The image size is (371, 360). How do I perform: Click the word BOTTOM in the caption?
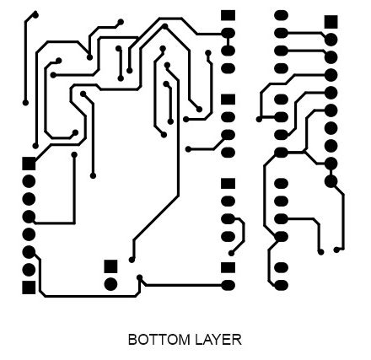click(159, 340)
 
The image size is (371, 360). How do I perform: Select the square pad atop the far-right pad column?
click(331, 22)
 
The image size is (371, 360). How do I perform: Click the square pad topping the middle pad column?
click(228, 15)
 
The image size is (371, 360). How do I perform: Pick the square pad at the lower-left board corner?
click(29, 287)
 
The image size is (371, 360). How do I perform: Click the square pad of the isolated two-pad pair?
click(110, 266)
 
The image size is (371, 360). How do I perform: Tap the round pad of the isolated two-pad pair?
click(110, 284)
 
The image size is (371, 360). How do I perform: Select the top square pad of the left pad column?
click(29, 164)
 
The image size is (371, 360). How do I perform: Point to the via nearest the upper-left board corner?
click(35, 14)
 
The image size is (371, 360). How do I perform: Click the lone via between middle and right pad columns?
click(259, 119)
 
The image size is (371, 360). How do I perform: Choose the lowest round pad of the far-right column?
click(331, 181)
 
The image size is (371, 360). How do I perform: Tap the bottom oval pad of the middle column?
click(228, 286)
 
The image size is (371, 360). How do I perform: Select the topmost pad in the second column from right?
click(281, 15)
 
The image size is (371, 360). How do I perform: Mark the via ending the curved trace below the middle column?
click(231, 253)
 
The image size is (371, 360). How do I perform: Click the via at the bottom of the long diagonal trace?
click(132, 260)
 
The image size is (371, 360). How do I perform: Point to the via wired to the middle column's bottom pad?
click(139, 277)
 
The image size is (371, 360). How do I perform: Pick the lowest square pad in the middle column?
click(228, 268)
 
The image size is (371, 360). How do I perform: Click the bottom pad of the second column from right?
click(281, 286)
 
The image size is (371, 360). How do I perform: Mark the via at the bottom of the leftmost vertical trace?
click(25, 103)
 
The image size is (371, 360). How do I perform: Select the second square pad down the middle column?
click(228, 99)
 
